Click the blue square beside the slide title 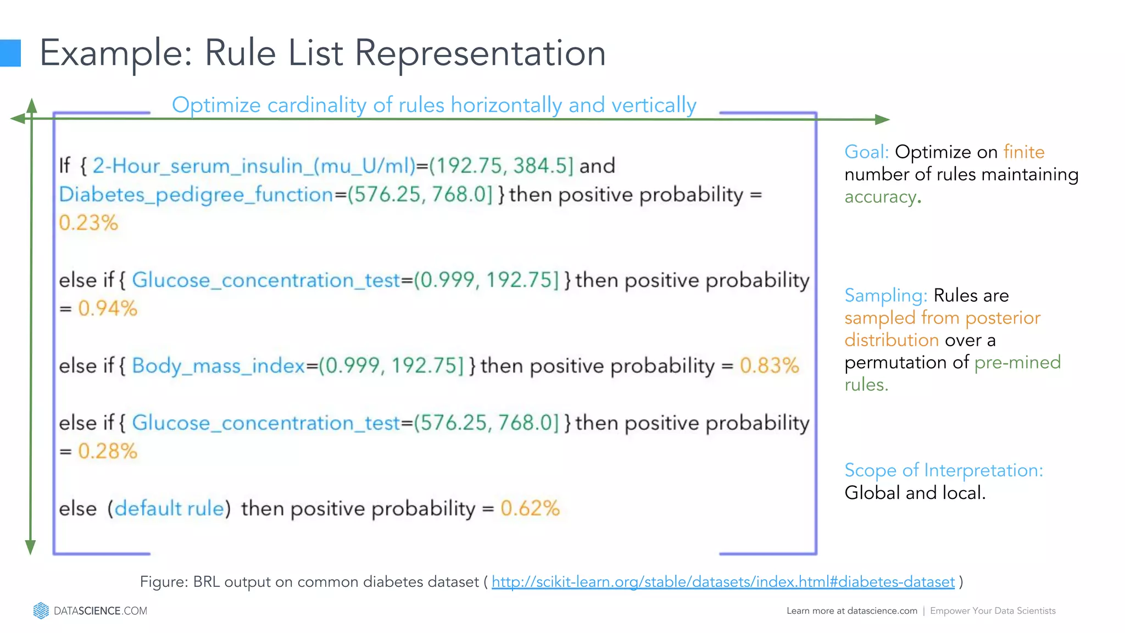pos(10,53)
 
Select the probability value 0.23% pos(88,223)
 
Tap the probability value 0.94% pos(108,308)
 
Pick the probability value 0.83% pos(769,366)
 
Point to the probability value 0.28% pos(108,451)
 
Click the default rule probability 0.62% pos(530,508)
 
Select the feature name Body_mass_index pos(218,366)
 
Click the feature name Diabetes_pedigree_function pos(196,195)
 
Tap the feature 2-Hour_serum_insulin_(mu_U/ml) pos(254,166)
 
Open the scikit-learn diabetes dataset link pos(723,582)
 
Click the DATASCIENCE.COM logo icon pos(41,610)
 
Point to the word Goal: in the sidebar pos(866,152)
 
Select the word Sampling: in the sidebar pos(885,296)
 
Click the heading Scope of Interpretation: pos(943,470)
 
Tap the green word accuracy pos(880,197)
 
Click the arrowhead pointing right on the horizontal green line pos(882,119)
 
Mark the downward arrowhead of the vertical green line pos(31,547)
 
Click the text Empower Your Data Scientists pos(993,611)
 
